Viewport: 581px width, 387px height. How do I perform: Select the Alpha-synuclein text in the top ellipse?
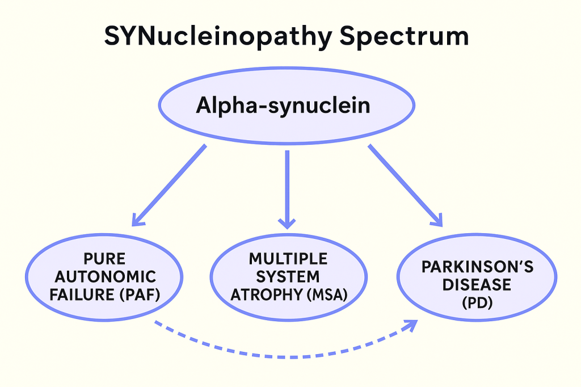(283, 106)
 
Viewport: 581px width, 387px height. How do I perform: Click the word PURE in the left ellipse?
(104, 260)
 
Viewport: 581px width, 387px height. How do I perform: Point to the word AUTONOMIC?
(104, 277)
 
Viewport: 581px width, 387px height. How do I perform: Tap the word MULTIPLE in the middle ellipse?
(288, 259)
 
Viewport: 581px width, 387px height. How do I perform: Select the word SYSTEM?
(288, 277)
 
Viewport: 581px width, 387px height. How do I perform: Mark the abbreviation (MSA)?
(325, 295)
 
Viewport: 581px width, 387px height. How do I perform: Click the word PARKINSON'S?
(477, 267)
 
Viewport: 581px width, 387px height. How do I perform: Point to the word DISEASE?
(477, 285)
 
